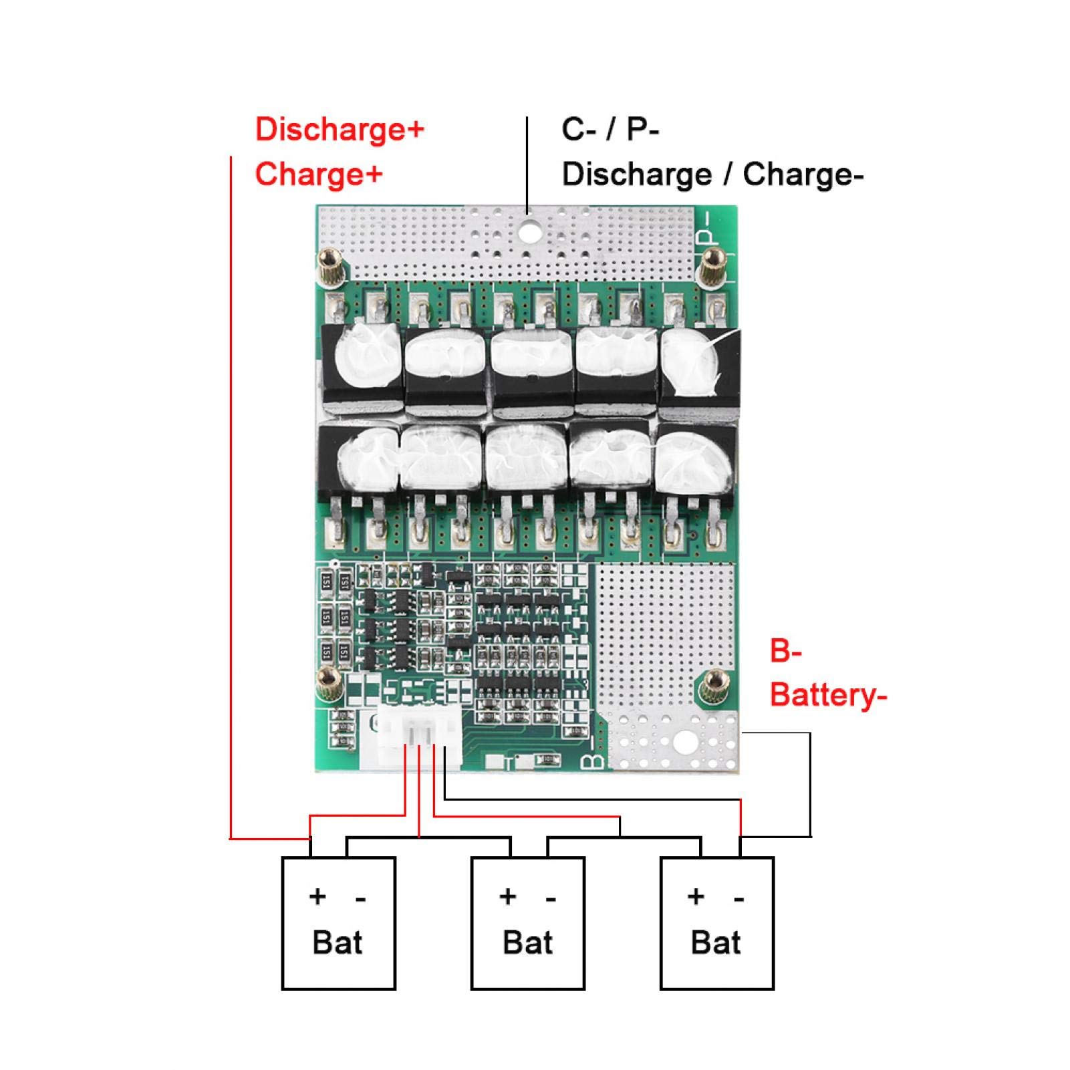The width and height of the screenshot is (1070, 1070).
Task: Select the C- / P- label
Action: pos(610,129)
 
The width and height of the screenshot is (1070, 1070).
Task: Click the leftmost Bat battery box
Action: pos(338,923)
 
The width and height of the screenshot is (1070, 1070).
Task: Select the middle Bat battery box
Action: pos(528,923)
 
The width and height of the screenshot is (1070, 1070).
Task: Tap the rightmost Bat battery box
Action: pos(717,923)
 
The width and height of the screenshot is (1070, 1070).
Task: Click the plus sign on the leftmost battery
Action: pos(317,896)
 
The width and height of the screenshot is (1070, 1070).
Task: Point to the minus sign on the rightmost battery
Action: pos(739,899)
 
